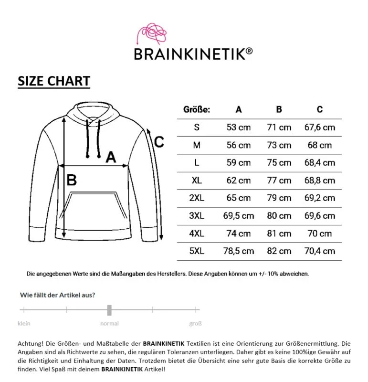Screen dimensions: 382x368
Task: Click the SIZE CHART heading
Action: pyautogui.click(x=54, y=81)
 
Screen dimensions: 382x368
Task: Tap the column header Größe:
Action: pyautogui.click(x=197, y=109)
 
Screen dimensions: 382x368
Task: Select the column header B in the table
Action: pyautogui.click(x=279, y=109)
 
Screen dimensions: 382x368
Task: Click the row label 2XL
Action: pyautogui.click(x=197, y=198)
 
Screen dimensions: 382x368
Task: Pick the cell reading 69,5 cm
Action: pyautogui.click(x=239, y=216)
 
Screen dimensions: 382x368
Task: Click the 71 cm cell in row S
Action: pyautogui.click(x=279, y=127)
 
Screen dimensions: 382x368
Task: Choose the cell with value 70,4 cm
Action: pyautogui.click(x=319, y=251)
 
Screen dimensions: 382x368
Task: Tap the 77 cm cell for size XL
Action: pyautogui.click(x=279, y=180)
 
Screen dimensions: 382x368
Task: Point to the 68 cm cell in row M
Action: pyautogui.click(x=319, y=145)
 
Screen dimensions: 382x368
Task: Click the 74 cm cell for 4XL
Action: pyautogui.click(x=239, y=233)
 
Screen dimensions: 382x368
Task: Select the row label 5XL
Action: pyautogui.click(x=197, y=251)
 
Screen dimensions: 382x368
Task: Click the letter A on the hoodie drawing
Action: pyautogui.click(x=111, y=157)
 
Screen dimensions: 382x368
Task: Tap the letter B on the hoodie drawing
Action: pyautogui.click(x=72, y=180)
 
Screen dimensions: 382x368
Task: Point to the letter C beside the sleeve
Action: pyautogui.click(x=159, y=142)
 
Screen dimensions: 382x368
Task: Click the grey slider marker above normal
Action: pyautogui.click(x=109, y=310)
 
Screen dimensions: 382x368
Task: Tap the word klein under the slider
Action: pyautogui.click(x=24, y=323)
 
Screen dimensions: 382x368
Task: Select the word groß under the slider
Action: pyautogui.click(x=195, y=323)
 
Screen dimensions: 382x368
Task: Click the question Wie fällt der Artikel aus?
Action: pyautogui.click(x=57, y=295)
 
